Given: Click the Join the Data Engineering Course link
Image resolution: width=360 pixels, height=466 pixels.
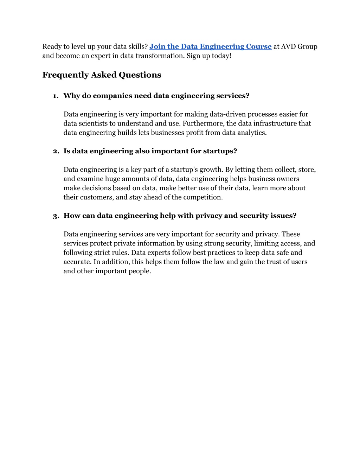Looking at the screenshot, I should pos(210,46).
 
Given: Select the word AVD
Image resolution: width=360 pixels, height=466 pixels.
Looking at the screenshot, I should pos(288,46).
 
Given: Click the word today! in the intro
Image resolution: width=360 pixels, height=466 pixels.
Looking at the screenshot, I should pos(221,56).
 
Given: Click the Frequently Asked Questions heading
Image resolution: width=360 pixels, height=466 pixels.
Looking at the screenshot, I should pos(102,75).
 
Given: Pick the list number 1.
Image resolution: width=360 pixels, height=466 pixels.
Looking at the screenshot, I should pos(55,96).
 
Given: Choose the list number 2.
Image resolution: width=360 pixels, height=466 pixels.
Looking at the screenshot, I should pos(56,151).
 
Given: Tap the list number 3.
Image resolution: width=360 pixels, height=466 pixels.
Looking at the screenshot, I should pos(56,216).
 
